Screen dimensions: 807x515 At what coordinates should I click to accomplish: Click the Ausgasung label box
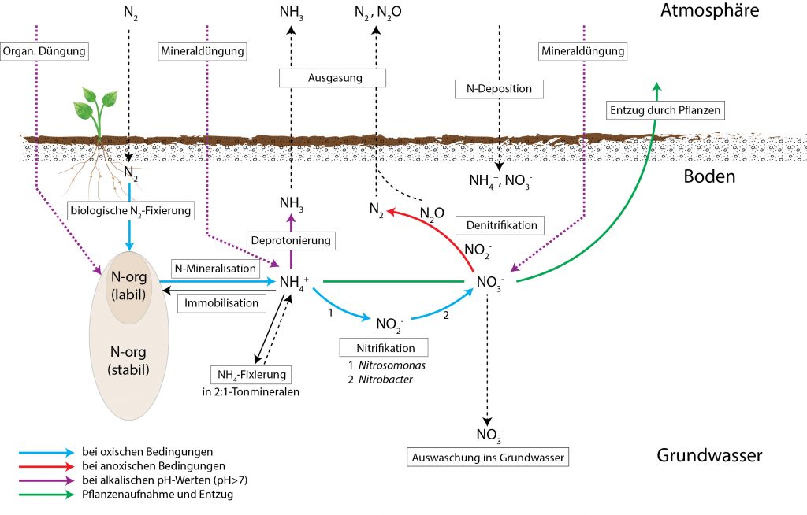click(333, 78)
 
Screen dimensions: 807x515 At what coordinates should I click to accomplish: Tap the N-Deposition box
click(499, 88)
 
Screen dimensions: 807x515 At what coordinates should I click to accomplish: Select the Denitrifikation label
click(500, 225)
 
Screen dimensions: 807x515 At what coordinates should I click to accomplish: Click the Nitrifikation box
click(384, 348)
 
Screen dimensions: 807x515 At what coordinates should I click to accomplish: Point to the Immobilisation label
click(221, 303)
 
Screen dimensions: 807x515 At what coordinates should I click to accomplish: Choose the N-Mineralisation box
click(215, 268)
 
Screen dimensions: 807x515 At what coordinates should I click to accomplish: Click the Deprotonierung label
click(291, 240)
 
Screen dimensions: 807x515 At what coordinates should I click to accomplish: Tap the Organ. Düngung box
click(44, 51)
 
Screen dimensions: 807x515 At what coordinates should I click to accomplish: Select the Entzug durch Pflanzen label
click(665, 110)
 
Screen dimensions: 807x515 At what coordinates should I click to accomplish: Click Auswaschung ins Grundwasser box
click(488, 458)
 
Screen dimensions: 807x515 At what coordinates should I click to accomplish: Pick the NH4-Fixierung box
click(251, 375)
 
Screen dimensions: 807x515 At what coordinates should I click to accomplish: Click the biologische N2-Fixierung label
click(131, 210)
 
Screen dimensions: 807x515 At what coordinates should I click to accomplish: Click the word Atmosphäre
click(709, 10)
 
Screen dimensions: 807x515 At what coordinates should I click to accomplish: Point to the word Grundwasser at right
click(709, 455)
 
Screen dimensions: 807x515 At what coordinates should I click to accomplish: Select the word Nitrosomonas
click(392, 365)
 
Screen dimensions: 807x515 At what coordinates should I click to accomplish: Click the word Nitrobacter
click(385, 380)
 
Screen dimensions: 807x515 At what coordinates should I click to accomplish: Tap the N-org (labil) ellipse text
click(128, 286)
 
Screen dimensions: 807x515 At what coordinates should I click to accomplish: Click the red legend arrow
click(46, 467)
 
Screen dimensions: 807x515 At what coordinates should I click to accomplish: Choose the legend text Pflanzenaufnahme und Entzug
click(158, 495)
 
